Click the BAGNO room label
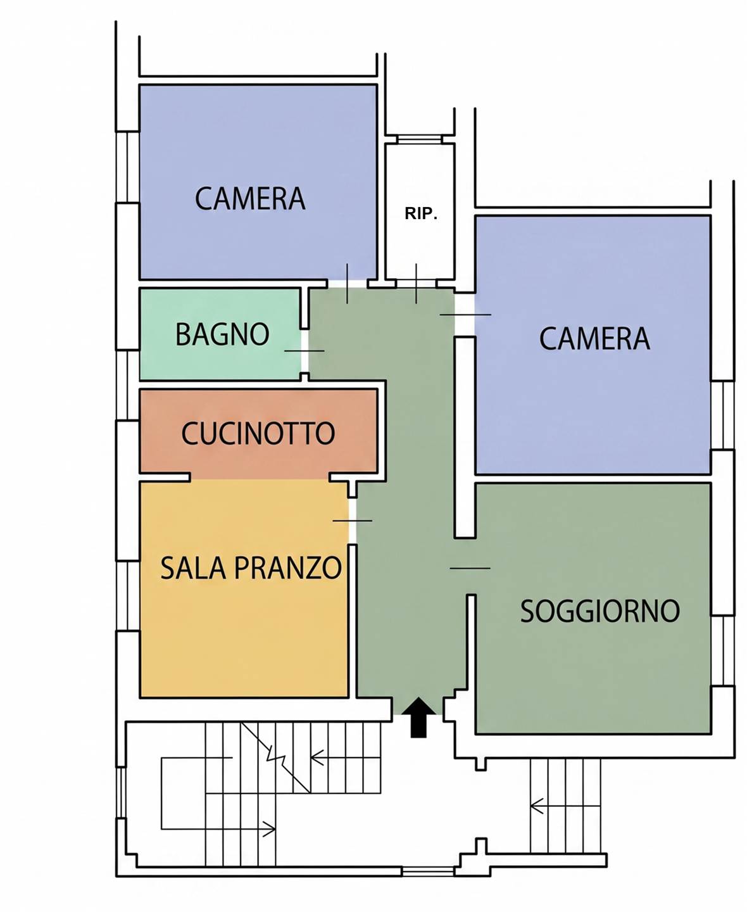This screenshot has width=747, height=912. coord(222,334)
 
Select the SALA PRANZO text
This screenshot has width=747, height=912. coord(251,568)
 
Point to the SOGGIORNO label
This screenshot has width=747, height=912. coord(600,611)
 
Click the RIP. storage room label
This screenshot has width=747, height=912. coord(420,213)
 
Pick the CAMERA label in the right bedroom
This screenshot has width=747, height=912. coord(595,339)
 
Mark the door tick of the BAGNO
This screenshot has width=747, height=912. coord(304,351)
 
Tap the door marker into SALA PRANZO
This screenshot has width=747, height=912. coord(353,521)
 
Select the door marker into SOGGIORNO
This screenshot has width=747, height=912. coord(470,568)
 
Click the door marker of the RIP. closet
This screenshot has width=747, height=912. coord(417,283)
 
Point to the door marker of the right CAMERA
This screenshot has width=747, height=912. coord(465,314)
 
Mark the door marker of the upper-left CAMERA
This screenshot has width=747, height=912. coord(347,283)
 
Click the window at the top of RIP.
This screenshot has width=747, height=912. coord(419,139)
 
